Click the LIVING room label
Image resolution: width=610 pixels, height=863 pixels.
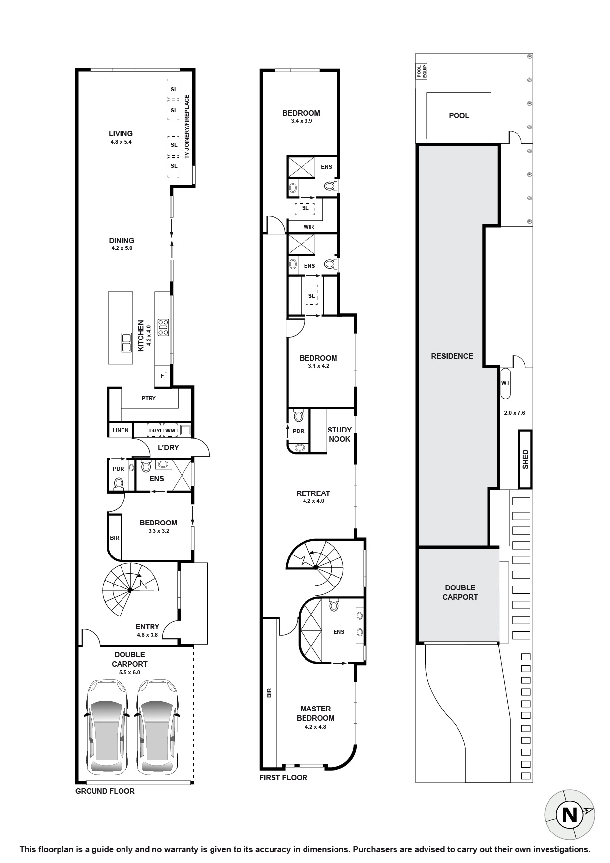121,134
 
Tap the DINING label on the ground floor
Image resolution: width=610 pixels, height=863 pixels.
122,241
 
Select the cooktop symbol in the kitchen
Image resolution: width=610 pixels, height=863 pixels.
162,327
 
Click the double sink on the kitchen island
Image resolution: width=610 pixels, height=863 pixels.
126,342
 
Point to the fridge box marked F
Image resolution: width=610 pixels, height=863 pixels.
162,376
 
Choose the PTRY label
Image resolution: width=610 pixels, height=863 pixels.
149,398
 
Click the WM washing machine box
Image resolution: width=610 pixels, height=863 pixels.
170,431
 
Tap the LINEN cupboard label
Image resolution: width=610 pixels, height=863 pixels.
121,430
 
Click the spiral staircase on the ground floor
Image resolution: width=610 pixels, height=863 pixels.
130,589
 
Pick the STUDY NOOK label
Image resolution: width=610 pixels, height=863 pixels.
339,434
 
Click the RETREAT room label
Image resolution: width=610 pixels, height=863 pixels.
313,493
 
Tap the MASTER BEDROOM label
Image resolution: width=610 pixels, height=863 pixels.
315,713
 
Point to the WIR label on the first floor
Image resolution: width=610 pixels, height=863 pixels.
309,227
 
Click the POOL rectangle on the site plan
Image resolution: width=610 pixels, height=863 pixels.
458,116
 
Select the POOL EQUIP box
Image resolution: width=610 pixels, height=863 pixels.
421,72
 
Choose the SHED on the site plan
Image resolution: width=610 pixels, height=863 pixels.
525,459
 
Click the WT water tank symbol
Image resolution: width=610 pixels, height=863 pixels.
506,383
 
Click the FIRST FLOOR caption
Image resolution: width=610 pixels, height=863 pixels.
283,778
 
